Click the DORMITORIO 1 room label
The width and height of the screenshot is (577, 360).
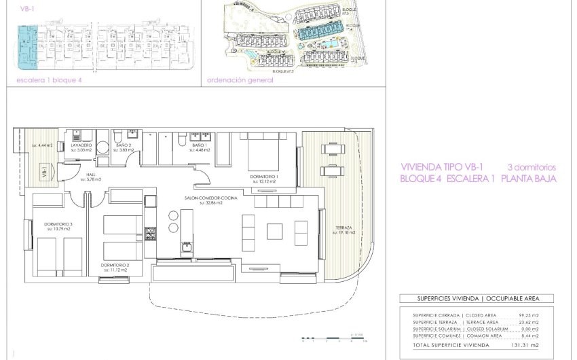[x=263, y=177]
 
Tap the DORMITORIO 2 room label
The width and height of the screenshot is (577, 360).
[x=115, y=264]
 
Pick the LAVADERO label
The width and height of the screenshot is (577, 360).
[x=81, y=145]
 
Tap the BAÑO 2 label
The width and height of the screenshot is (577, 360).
[x=123, y=145]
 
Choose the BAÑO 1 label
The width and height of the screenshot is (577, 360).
[x=199, y=145]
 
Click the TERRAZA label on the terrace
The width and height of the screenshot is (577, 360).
[x=343, y=228]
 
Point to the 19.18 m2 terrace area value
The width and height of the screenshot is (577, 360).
[x=345, y=232]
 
